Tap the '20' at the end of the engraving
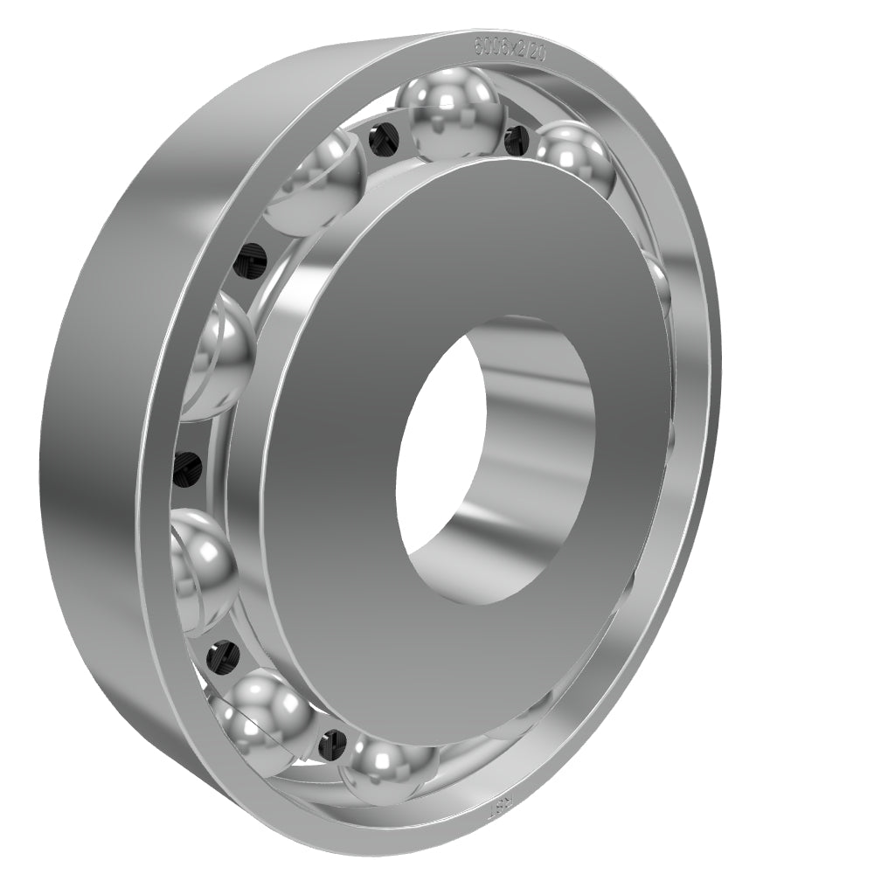point(537,52)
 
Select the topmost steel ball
point(449,114)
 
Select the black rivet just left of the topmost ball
point(380,138)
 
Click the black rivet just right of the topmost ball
point(517,136)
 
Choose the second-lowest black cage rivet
point(222,654)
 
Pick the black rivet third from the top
point(252,260)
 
